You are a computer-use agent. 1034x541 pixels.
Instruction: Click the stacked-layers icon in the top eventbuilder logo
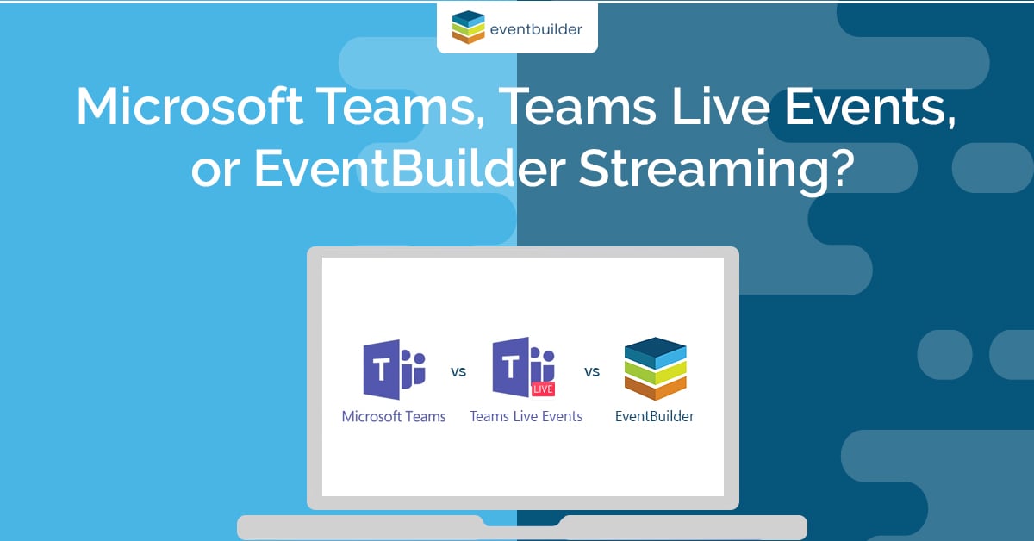[469, 27]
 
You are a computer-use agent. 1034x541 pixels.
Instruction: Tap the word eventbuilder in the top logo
[535, 29]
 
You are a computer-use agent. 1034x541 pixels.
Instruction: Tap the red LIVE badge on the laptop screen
[543, 389]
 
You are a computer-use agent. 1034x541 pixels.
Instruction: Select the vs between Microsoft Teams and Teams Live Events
[458, 373]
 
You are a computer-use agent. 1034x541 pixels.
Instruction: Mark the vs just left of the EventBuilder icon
[592, 373]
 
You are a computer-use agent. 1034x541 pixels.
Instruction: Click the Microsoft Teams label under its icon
[394, 417]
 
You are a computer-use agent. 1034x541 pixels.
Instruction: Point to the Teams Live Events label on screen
[526, 417]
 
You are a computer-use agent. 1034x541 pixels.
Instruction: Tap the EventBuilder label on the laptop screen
[655, 417]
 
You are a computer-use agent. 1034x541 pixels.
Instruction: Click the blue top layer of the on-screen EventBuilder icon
[655, 350]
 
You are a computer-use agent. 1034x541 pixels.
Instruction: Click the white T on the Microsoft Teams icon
[379, 370]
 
